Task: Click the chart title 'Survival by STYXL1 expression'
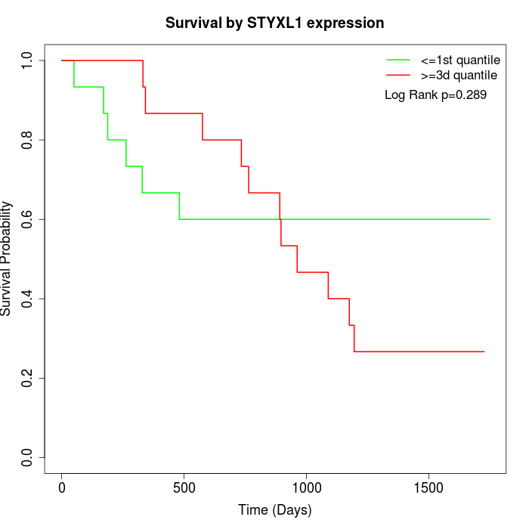click(x=275, y=23)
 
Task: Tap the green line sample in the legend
click(x=398, y=59)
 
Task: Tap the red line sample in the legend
click(x=398, y=75)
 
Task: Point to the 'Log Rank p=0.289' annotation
click(x=435, y=95)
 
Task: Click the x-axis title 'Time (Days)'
click(x=275, y=510)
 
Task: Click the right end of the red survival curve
click(x=484, y=351)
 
